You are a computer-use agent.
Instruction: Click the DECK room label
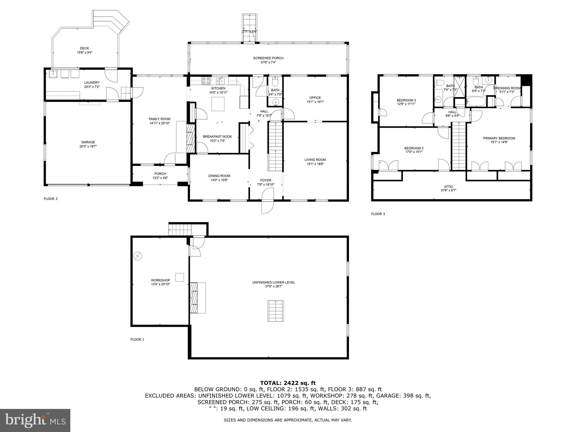coord(84,48)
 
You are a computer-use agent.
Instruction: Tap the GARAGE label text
coord(88,142)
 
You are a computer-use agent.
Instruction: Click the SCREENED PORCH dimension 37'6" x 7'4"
coord(268,62)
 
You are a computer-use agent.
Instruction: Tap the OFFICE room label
coord(315,98)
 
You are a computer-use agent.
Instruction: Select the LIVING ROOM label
coord(315,160)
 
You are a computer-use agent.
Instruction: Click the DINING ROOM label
coord(219,176)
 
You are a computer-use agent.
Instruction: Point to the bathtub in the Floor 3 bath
coord(476,101)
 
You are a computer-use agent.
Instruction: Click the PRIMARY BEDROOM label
coord(499,138)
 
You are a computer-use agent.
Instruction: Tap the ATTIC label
coord(448,186)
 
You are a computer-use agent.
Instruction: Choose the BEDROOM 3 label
coord(406,100)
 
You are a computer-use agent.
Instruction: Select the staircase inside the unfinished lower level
coord(276,311)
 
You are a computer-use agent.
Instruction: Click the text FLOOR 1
coord(137,339)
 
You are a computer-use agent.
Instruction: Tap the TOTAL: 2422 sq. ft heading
coord(288,383)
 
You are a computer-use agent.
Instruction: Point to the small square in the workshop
coord(180,277)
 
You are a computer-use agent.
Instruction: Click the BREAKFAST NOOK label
coord(217,137)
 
